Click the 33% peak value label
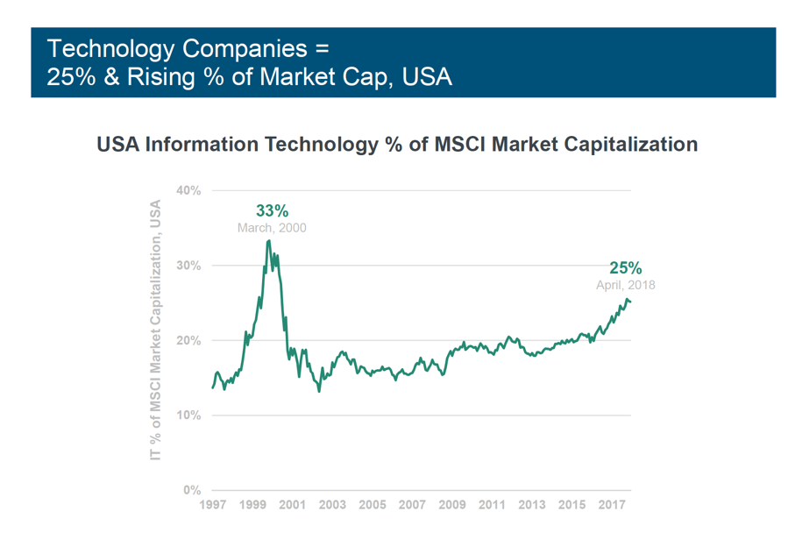(272, 210)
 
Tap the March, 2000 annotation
(272, 228)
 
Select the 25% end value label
(626, 268)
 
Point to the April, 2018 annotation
(626, 285)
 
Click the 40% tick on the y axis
(188, 190)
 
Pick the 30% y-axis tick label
(188, 266)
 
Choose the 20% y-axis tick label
(188, 340)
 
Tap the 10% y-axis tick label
(188, 415)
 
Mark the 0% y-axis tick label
(192, 490)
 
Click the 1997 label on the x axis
(212, 506)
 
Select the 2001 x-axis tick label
(292, 506)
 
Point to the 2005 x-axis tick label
(373, 506)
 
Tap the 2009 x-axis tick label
(452, 506)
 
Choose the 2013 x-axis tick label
(532, 506)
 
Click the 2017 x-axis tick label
(612, 506)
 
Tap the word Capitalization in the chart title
(623, 144)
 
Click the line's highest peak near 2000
(268, 240)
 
